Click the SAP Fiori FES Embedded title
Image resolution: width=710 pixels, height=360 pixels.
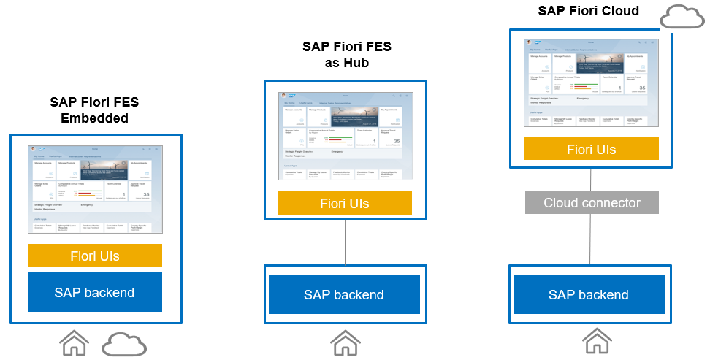94,110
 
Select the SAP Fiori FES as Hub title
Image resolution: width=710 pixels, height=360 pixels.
346,55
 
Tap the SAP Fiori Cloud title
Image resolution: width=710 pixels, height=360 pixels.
588,10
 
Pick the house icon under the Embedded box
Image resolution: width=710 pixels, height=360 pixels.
74,343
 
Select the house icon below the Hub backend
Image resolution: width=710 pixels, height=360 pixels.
346,342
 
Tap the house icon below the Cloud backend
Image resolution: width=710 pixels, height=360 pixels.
597,342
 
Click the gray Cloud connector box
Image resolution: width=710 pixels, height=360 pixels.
592,202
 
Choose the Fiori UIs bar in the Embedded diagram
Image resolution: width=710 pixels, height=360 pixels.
95,256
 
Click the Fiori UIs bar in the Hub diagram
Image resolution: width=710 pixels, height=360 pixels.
345,203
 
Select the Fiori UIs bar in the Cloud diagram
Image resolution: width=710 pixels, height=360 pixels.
592,149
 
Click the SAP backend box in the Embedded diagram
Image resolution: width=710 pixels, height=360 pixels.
94,293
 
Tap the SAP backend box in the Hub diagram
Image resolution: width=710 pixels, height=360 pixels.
344,294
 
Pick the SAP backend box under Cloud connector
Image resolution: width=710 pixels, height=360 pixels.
588,294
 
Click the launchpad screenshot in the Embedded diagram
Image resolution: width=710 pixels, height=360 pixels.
95,190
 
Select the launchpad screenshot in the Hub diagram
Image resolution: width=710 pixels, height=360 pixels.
345,137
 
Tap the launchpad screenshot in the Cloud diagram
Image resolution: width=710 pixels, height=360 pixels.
592,83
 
